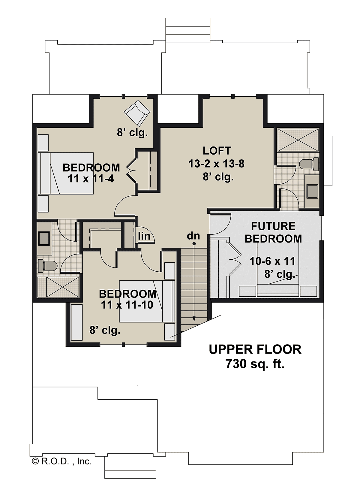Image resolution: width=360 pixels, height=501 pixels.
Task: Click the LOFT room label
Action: (217, 151)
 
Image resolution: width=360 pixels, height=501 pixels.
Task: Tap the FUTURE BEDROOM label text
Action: (273, 233)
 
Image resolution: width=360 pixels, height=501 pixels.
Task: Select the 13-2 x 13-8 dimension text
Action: (216, 164)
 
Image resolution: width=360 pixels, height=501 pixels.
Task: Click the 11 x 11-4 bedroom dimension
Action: (91, 179)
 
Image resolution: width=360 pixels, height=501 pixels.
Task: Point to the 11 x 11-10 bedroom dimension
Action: (127, 305)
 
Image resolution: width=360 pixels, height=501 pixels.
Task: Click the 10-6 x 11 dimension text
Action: (272, 261)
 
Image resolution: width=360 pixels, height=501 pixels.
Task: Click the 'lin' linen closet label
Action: (144, 236)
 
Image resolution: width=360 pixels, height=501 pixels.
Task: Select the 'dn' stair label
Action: (193, 236)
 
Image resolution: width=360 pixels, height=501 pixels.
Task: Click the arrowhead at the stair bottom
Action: (194, 320)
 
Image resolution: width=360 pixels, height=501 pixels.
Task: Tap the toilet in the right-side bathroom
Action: (309, 164)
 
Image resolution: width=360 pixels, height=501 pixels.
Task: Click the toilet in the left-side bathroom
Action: (48, 266)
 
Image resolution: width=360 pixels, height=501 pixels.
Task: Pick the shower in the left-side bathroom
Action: (58, 287)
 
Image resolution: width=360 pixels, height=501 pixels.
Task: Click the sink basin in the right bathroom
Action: (312, 192)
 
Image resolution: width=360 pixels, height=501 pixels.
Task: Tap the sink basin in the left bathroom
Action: (44, 239)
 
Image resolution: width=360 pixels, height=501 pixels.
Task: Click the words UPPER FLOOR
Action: (255, 349)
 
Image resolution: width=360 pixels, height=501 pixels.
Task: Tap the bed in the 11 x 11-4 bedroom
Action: (65, 173)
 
